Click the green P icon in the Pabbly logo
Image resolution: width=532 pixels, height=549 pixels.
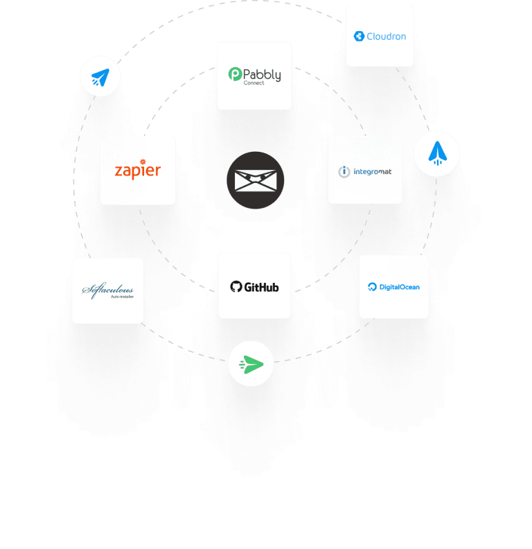click(235, 74)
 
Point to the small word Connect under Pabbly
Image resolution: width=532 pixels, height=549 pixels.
click(254, 83)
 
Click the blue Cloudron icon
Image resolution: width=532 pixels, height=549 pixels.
click(359, 36)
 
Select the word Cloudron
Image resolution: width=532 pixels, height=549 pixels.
click(386, 36)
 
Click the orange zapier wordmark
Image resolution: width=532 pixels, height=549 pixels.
click(137, 170)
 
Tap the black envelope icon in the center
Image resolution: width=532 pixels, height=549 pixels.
click(255, 180)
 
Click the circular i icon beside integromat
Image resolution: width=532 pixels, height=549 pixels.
click(344, 171)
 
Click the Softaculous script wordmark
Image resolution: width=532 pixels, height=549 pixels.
click(107, 289)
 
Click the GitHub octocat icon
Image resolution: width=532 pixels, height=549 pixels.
click(236, 286)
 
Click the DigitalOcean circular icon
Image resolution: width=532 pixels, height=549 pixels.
click(372, 287)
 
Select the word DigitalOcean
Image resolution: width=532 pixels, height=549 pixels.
click(399, 287)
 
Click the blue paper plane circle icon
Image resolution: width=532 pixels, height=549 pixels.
click(100, 76)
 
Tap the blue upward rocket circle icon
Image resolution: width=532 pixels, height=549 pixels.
click(436, 153)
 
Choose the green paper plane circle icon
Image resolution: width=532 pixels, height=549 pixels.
click(251, 363)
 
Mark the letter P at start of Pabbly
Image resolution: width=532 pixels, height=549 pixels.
click(247, 73)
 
